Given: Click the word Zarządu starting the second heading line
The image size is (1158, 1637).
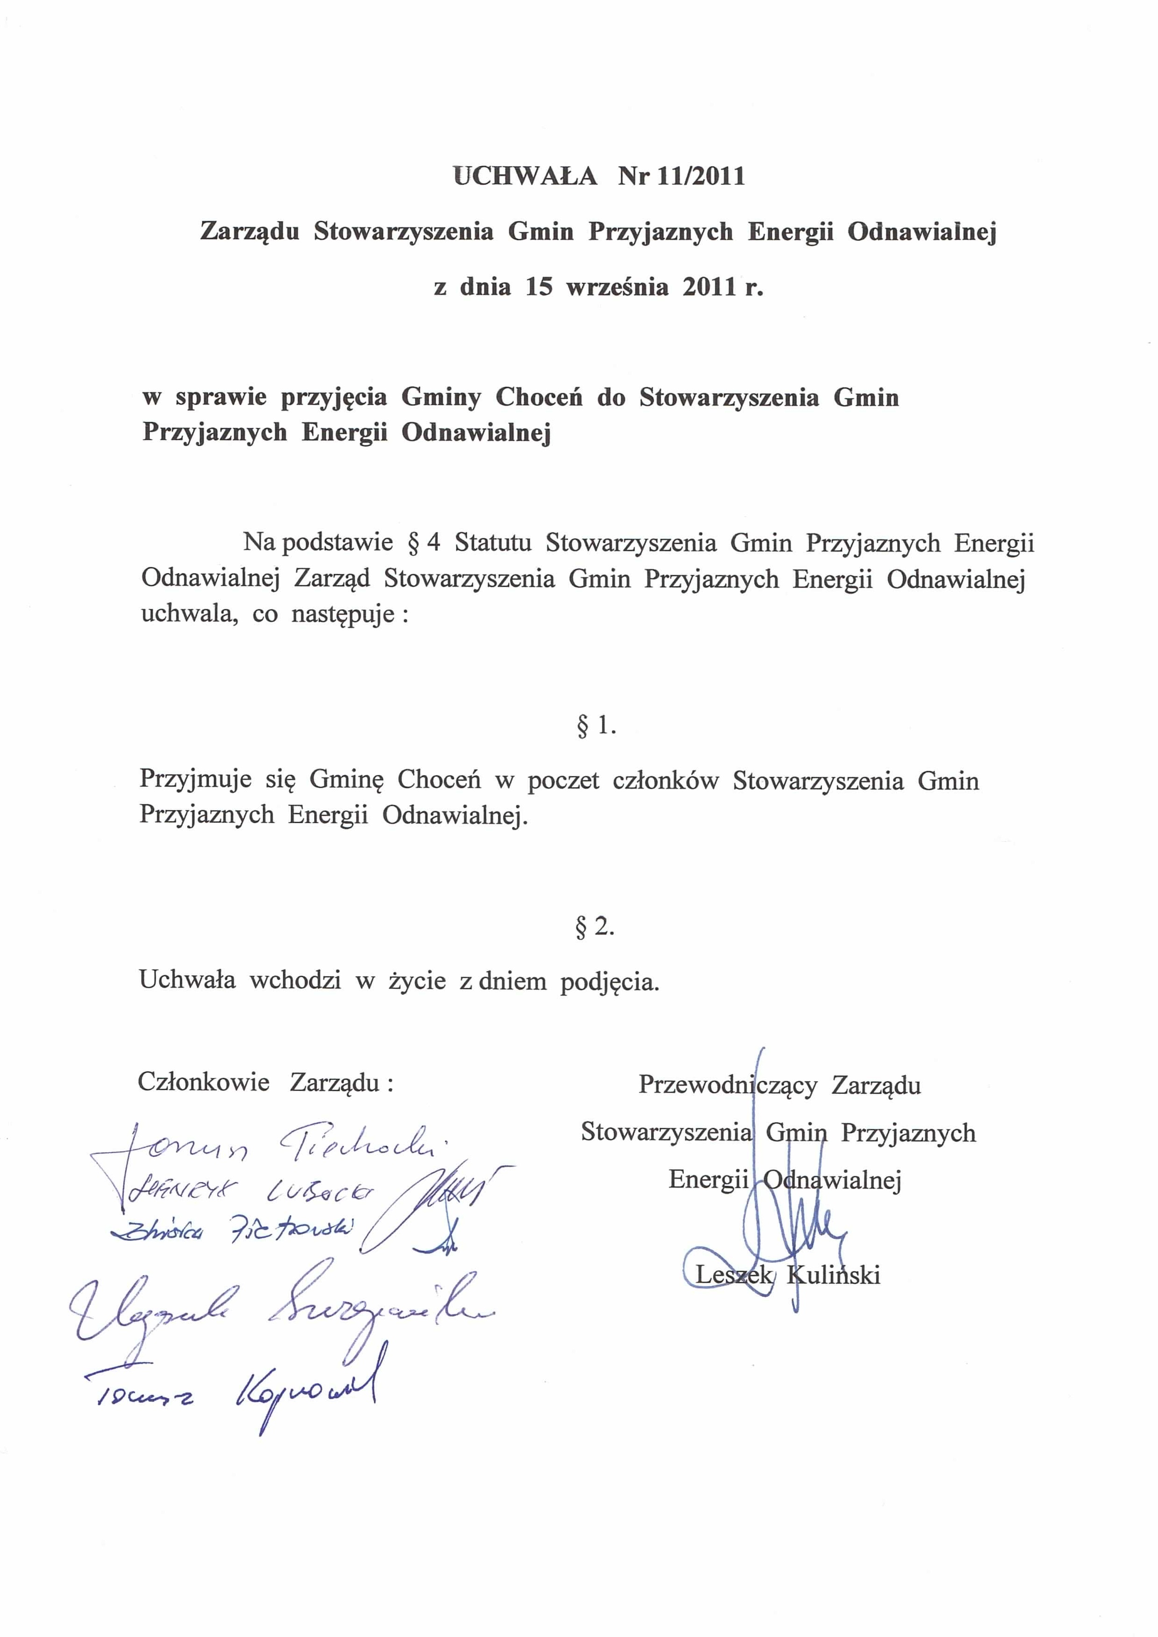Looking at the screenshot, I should tap(250, 232).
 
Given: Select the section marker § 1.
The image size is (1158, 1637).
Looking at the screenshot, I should tap(596, 726).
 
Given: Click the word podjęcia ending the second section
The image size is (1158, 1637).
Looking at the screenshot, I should tap(609, 982).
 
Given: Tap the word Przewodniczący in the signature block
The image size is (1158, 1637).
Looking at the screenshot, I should tap(727, 1085).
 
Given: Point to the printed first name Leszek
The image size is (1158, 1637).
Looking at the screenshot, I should tap(733, 1275).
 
